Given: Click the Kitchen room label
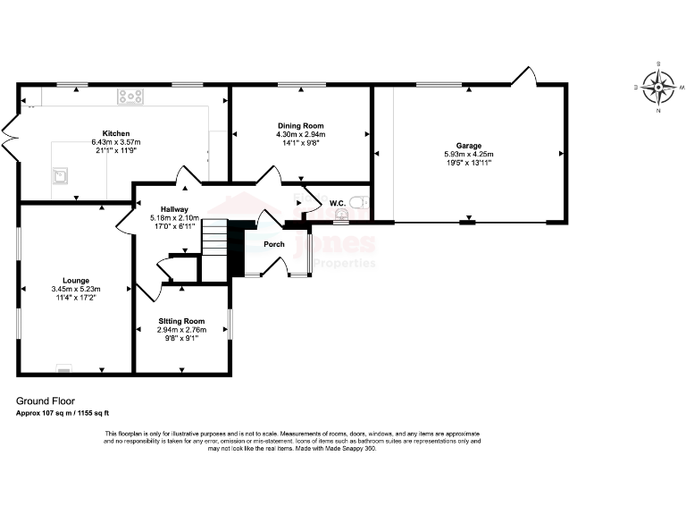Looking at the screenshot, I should (116, 133).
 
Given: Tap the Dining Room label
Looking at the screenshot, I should (300, 126).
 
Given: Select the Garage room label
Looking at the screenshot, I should (469, 146).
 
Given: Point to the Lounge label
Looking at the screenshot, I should (76, 280).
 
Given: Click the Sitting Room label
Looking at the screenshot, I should (182, 321).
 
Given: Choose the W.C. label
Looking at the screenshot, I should (338, 204).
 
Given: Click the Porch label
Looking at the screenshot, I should (274, 244).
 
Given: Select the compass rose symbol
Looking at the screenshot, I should (658, 88).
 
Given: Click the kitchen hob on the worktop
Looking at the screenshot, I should (131, 95).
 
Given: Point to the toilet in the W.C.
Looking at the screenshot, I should (361, 202).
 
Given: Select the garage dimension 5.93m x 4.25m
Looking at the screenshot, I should (469, 155).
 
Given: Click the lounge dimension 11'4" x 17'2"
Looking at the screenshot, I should (76, 298).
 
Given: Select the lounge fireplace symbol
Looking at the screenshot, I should (63, 367).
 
